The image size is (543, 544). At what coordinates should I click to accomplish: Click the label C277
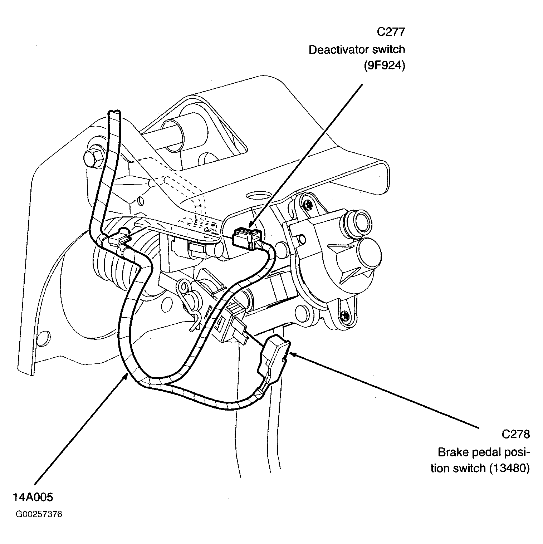click(x=391, y=32)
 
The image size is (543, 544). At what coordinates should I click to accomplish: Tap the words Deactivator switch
click(x=357, y=50)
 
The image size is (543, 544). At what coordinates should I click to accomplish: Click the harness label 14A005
click(x=33, y=497)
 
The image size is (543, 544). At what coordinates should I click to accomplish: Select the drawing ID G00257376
click(x=39, y=514)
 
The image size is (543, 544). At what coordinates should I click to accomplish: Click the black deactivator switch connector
click(x=246, y=237)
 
